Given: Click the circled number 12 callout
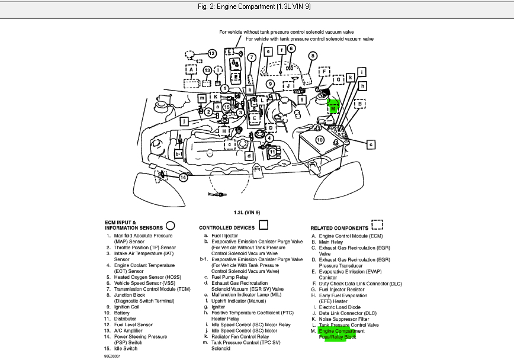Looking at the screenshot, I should (211, 54).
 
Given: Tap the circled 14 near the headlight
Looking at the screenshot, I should (184, 177).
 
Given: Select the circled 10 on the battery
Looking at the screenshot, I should (319, 140).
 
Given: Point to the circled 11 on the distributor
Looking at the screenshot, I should (272, 151).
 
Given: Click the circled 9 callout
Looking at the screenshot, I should (270, 84).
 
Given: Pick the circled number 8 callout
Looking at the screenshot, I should (311, 54).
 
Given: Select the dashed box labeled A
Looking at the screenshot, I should (191, 69).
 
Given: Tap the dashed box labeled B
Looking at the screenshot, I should (359, 104).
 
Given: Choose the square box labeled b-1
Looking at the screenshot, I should (179, 154).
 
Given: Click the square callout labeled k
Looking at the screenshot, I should (351, 78).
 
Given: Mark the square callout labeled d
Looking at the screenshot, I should (249, 156).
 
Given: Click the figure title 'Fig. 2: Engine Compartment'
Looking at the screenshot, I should (256, 7).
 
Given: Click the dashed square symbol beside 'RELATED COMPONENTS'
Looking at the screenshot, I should (377, 225).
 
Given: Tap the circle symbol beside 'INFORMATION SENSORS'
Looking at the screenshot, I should (171, 225).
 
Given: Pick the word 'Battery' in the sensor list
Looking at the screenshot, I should (122, 313).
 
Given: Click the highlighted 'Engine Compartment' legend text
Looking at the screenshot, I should (342, 331).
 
